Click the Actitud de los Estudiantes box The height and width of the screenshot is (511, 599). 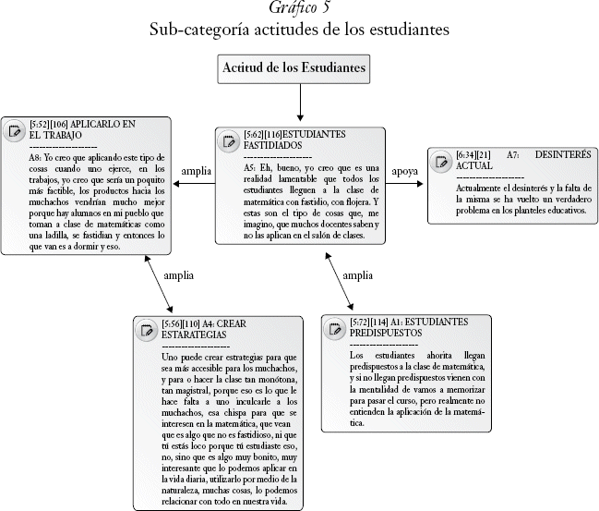click(x=299, y=68)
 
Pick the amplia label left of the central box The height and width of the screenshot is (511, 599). click(x=197, y=171)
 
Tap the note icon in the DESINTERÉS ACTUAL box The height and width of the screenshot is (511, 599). click(x=442, y=161)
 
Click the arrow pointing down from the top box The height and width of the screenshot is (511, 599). click(x=300, y=106)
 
